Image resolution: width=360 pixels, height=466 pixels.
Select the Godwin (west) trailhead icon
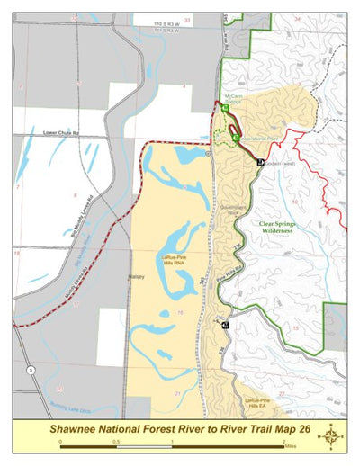point(259,163)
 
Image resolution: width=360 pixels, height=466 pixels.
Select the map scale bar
point(172,444)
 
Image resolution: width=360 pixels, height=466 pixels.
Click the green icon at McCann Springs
point(226,108)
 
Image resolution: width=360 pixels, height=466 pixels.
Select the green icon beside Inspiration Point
point(236,139)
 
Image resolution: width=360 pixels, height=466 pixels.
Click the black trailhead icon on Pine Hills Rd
point(225,325)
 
